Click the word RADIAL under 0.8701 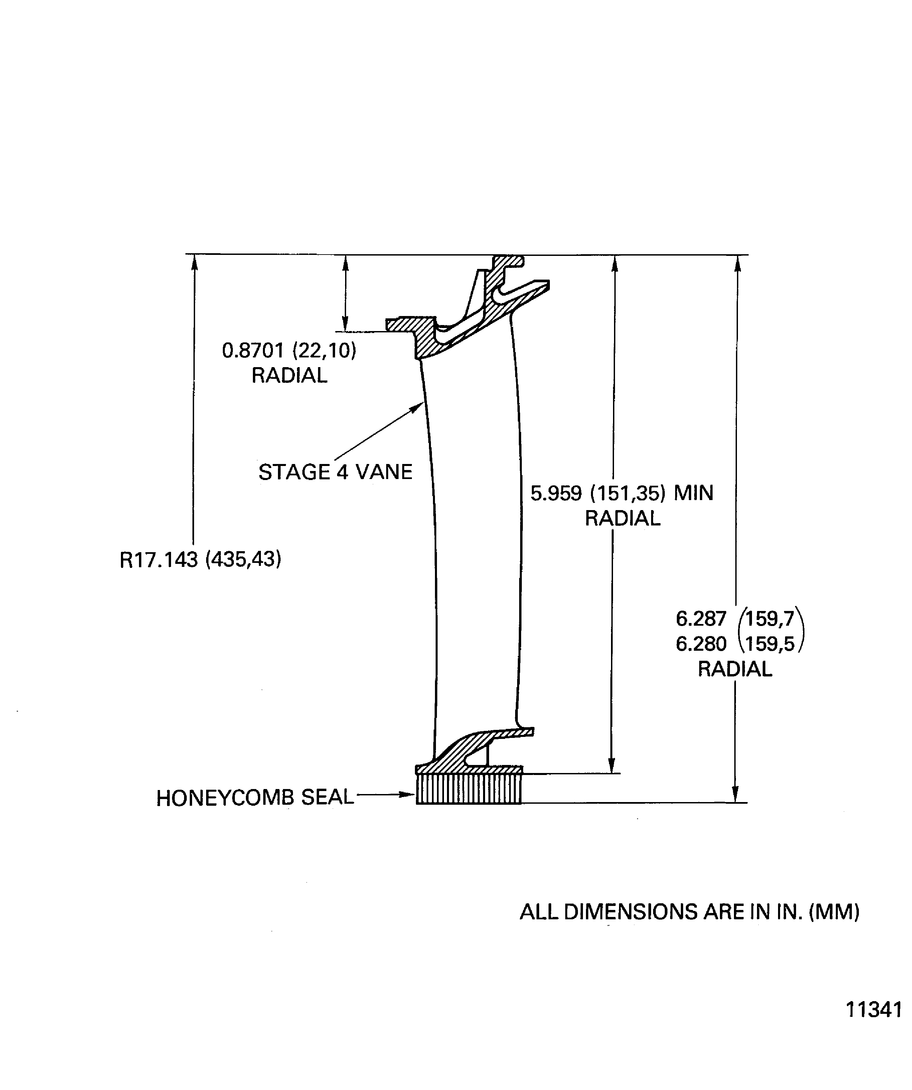pos(289,375)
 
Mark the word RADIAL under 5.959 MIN pos(622,518)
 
